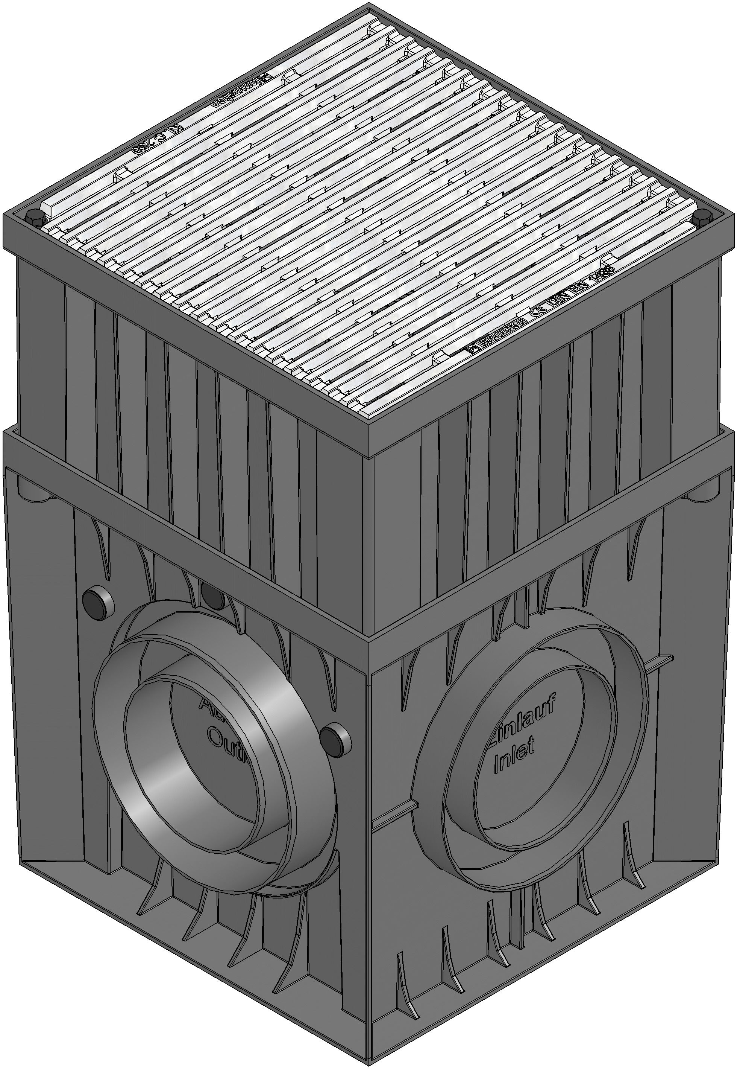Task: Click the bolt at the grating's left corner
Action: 35,217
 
